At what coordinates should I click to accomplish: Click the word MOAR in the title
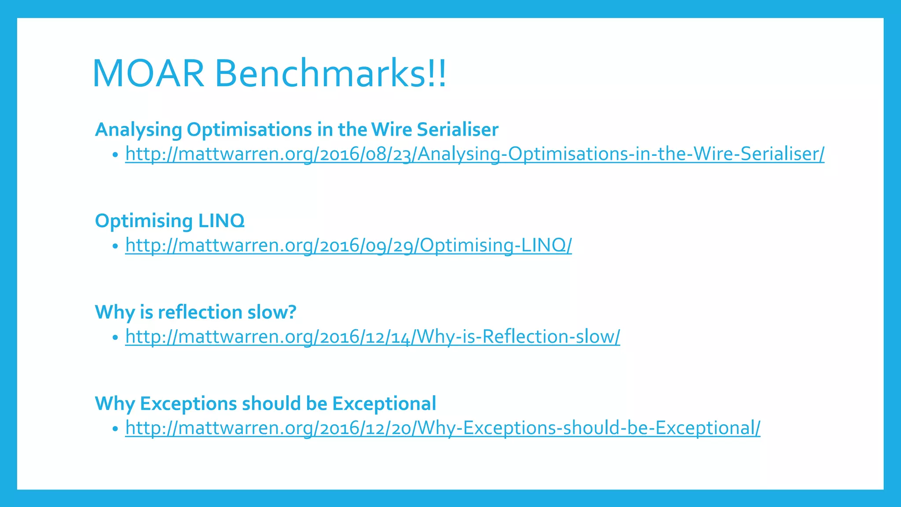tap(148, 73)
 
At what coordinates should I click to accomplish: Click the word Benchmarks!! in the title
tap(330, 73)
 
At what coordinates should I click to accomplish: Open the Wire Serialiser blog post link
tap(474, 154)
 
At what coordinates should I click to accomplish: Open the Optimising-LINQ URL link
tap(348, 245)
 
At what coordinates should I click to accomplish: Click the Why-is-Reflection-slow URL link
tap(373, 337)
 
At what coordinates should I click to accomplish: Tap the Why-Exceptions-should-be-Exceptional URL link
tap(443, 428)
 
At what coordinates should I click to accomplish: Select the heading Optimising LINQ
tap(169, 220)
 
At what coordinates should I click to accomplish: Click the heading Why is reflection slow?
tap(195, 312)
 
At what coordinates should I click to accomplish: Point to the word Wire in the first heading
tap(392, 129)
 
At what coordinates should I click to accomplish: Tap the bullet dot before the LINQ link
tap(115, 246)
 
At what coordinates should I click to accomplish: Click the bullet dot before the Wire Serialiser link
tap(115, 155)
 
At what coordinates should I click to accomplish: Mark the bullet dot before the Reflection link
tap(115, 338)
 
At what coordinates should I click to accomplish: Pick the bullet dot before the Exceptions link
tap(115, 429)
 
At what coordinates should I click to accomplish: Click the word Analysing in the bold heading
tap(138, 129)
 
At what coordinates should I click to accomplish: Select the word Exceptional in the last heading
tap(384, 404)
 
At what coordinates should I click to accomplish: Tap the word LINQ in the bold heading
tap(221, 220)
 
